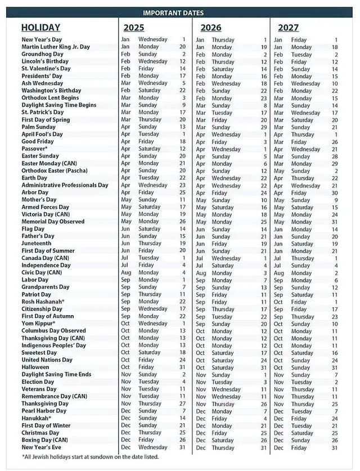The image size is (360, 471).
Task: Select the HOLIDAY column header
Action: coord(40,27)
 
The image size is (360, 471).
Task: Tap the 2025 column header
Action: coord(134,27)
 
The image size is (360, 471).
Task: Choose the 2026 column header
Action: coord(210,28)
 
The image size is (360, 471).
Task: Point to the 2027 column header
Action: coord(287,28)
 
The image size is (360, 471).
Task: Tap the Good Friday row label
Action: coord(38,141)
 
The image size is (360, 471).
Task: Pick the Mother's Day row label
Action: coord(39,200)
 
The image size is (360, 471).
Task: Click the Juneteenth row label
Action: coord(37,243)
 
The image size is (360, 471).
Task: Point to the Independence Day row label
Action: coord(46,265)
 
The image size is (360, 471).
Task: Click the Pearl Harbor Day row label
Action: coord(46,411)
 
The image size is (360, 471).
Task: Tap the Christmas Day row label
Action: coord(40,433)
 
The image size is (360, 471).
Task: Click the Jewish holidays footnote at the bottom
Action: coord(90,456)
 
